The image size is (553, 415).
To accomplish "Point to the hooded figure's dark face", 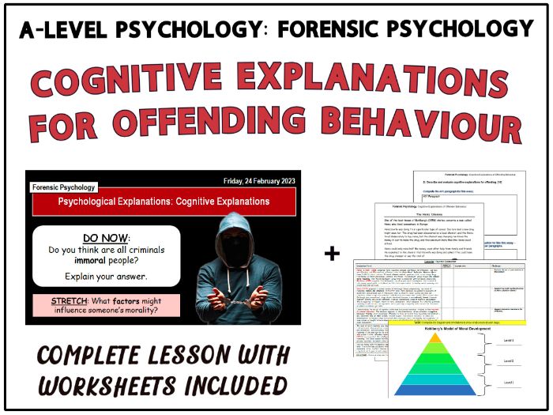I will pyautogui.click(x=250, y=237).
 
